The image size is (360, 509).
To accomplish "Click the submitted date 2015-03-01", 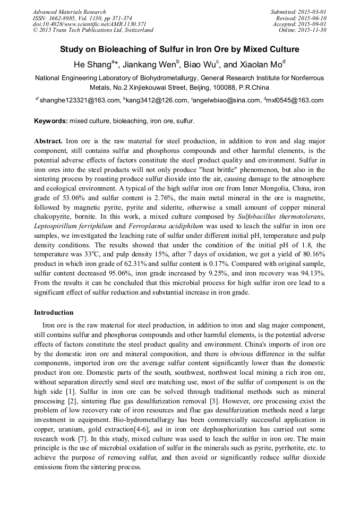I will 312,12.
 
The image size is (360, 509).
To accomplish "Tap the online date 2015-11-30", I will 312,30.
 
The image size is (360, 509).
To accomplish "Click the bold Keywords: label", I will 51,121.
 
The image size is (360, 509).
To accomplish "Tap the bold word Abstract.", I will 48,142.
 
